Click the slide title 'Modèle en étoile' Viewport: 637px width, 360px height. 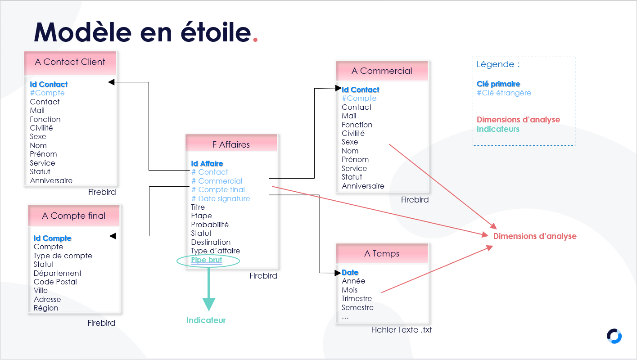coord(142,32)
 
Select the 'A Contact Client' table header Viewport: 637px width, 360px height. coord(70,63)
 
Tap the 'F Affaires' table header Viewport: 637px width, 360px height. coord(231,143)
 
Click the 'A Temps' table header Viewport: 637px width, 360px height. coord(382,253)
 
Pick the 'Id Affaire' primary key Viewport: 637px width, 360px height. coord(207,163)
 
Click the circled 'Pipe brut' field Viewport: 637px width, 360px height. coord(207,260)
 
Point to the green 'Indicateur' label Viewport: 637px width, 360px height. coord(206,320)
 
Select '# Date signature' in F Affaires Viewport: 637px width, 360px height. coord(221,198)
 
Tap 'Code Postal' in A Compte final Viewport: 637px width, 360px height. coord(55,282)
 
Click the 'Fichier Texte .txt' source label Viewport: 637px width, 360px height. coord(401,330)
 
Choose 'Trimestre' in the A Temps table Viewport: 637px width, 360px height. coord(357,299)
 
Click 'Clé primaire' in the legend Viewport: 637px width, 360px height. coord(498,84)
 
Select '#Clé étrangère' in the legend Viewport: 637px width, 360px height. coord(504,93)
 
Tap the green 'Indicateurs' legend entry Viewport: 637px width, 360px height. coord(498,129)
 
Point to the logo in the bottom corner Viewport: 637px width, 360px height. coord(614,336)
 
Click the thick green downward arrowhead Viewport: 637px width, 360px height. coord(209,304)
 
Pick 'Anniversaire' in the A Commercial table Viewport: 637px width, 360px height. coord(363,186)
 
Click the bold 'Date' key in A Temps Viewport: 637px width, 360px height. coord(350,272)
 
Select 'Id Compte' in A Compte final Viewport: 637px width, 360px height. coord(52,238)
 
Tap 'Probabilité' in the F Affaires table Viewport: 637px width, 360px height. coord(210,225)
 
